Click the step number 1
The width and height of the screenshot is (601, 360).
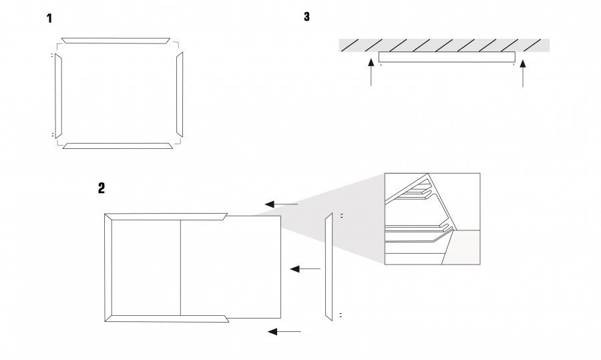pyautogui.click(x=49, y=19)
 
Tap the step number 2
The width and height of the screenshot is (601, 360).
pyautogui.click(x=102, y=188)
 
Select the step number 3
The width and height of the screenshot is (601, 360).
pyautogui.click(x=307, y=17)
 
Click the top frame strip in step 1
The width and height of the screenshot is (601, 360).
pyautogui.click(x=116, y=41)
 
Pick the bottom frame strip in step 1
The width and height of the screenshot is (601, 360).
pyautogui.click(x=118, y=146)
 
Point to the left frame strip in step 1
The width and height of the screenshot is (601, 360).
pyautogui.click(x=58, y=96)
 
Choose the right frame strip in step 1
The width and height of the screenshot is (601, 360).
pyautogui.click(x=180, y=94)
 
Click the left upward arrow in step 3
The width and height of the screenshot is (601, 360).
pyautogui.click(x=371, y=71)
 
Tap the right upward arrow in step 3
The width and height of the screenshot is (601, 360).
pyautogui.click(x=522, y=73)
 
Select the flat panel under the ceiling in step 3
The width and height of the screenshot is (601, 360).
pyautogui.click(x=447, y=57)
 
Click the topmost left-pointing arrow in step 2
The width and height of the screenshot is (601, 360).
pyautogui.click(x=281, y=204)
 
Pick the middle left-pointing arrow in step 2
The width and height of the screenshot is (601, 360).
pyautogui.click(x=305, y=268)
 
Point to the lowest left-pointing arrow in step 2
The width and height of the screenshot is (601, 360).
pyautogui.click(x=284, y=332)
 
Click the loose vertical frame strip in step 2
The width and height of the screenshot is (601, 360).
pyautogui.click(x=329, y=266)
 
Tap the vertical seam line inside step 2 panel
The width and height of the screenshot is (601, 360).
pyautogui.click(x=180, y=268)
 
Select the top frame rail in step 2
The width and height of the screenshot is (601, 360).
pyautogui.click(x=166, y=216)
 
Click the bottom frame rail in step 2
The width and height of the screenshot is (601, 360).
pyautogui.click(x=167, y=319)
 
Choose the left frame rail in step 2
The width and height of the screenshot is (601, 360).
pyautogui.click(x=108, y=268)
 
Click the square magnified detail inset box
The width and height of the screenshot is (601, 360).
pyautogui.click(x=432, y=219)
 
